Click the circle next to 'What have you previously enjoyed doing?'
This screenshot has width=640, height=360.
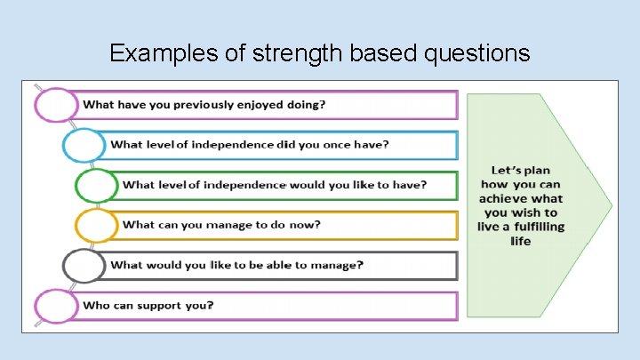click(x=55, y=105)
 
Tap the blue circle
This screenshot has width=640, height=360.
click(x=83, y=145)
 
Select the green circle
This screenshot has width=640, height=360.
click(x=96, y=185)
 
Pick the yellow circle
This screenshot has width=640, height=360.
click(x=96, y=225)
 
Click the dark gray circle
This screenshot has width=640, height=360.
click(x=83, y=265)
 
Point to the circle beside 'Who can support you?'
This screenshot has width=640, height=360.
click(x=55, y=306)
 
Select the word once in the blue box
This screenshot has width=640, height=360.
click(x=340, y=145)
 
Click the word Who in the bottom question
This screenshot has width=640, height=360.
click(x=96, y=306)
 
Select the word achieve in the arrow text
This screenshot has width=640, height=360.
click(x=506, y=198)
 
